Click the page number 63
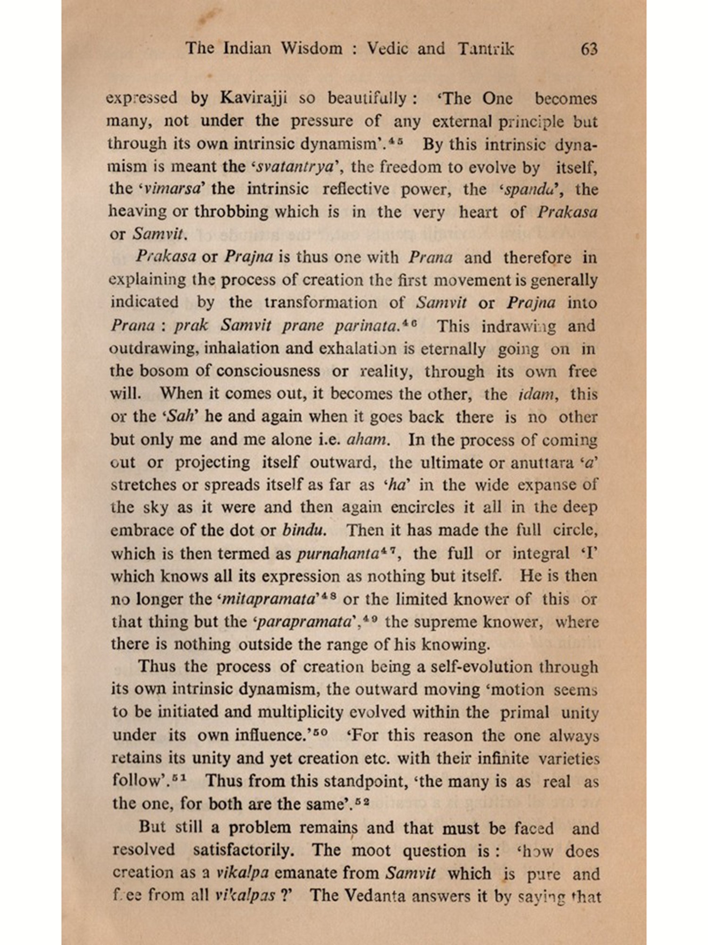[590, 49]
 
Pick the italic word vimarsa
[173, 189]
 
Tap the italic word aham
[368, 440]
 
